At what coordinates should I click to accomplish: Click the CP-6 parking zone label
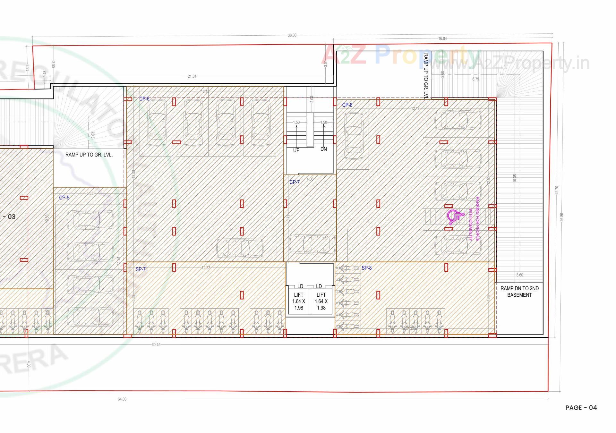[x=144, y=99]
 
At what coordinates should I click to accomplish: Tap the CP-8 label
[x=347, y=105]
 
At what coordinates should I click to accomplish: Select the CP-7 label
[x=295, y=182]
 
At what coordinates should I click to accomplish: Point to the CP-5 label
[x=64, y=198]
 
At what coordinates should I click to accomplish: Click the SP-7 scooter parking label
[x=141, y=269]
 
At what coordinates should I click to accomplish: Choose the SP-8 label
[x=366, y=268]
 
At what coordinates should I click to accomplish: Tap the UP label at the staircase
[x=296, y=150]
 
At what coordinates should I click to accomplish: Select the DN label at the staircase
[x=323, y=149]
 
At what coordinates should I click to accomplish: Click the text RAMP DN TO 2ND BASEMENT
[x=519, y=292]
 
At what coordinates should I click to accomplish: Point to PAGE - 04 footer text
[x=581, y=408]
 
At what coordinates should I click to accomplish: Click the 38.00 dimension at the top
[x=292, y=35]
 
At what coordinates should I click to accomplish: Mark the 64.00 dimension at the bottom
[x=122, y=399]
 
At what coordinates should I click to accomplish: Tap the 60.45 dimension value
[x=156, y=345]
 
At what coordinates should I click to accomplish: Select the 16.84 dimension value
[x=442, y=38]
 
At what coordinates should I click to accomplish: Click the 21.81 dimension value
[x=192, y=76]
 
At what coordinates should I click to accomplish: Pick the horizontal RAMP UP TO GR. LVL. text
[x=89, y=155]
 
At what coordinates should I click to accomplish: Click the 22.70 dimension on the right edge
[x=557, y=190]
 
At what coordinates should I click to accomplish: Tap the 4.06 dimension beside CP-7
[x=310, y=179]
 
